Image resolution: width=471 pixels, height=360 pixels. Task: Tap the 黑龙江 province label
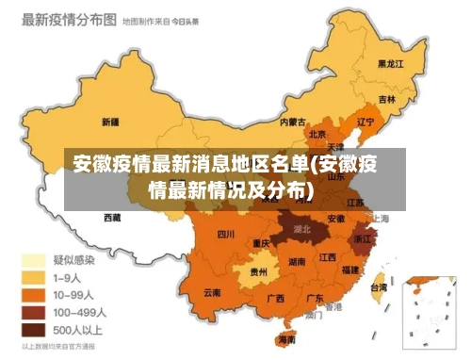(x=390, y=64)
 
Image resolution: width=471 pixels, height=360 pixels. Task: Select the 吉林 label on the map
(x=387, y=98)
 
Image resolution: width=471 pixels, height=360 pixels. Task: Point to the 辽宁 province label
(x=366, y=121)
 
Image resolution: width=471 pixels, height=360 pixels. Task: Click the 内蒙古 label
(x=292, y=121)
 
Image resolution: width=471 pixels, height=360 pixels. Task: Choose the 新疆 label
(x=109, y=122)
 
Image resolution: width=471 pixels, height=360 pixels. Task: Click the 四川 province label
(x=226, y=234)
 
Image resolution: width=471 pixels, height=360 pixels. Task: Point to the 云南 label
(x=213, y=293)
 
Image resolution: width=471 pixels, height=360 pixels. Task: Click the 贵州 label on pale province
(x=258, y=271)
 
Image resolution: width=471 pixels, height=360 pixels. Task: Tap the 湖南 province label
(x=296, y=261)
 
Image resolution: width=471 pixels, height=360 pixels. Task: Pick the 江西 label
(x=328, y=256)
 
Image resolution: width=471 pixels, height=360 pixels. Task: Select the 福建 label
(x=350, y=270)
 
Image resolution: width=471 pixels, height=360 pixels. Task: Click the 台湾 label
(x=378, y=286)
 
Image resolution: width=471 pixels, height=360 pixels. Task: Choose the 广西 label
(x=276, y=298)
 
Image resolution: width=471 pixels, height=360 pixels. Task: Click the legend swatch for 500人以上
(x=33, y=330)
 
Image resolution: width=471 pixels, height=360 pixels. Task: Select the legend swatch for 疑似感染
(x=33, y=259)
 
